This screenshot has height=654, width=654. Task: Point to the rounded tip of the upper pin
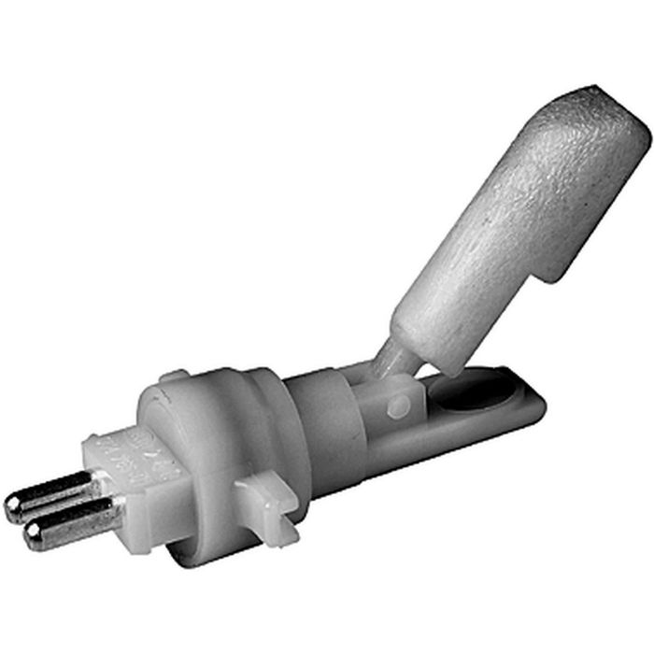[13, 506]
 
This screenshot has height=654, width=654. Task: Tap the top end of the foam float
[598, 112]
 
